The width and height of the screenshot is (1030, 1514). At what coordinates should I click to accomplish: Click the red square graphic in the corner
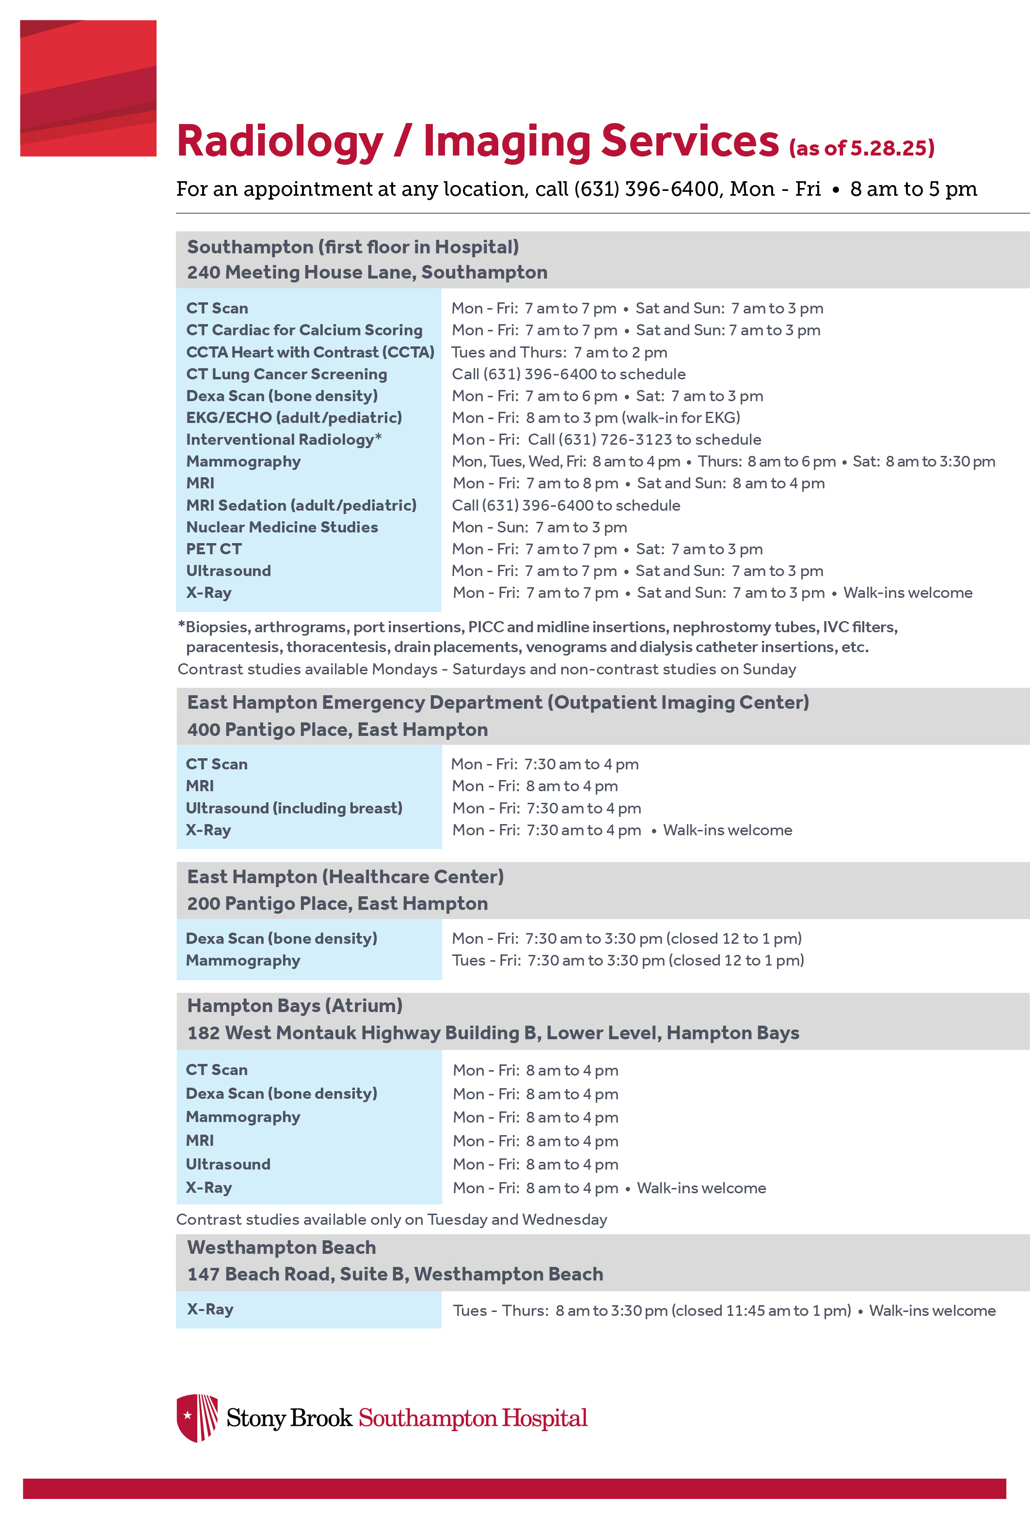pyautogui.click(x=88, y=88)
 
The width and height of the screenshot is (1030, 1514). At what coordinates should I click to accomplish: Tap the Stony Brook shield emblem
pyautogui.click(x=197, y=1418)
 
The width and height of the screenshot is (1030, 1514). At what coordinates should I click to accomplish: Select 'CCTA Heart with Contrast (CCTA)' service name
pyautogui.click(x=310, y=352)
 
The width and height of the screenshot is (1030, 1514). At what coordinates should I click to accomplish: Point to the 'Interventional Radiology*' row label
pyautogui.click(x=284, y=440)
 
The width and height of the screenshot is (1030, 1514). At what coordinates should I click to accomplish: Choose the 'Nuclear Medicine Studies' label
pyautogui.click(x=282, y=527)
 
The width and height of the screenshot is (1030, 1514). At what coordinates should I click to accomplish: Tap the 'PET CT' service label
pyautogui.click(x=214, y=549)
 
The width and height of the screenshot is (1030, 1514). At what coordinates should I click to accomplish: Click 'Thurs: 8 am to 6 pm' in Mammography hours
pyautogui.click(x=767, y=462)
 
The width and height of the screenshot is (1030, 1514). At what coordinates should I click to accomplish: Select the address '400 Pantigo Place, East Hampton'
pyautogui.click(x=337, y=730)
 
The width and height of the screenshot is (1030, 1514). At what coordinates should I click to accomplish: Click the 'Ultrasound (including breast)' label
pyautogui.click(x=294, y=809)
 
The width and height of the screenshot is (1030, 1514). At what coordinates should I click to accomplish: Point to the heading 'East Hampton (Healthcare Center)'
pyautogui.click(x=346, y=877)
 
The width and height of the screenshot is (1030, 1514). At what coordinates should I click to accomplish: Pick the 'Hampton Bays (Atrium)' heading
pyautogui.click(x=295, y=1006)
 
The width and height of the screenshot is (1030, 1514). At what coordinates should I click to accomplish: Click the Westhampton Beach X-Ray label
pyautogui.click(x=210, y=1310)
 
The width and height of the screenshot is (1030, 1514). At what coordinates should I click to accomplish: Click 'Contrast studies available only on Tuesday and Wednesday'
pyautogui.click(x=391, y=1219)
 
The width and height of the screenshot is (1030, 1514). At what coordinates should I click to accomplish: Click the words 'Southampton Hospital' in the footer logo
pyautogui.click(x=473, y=1418)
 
